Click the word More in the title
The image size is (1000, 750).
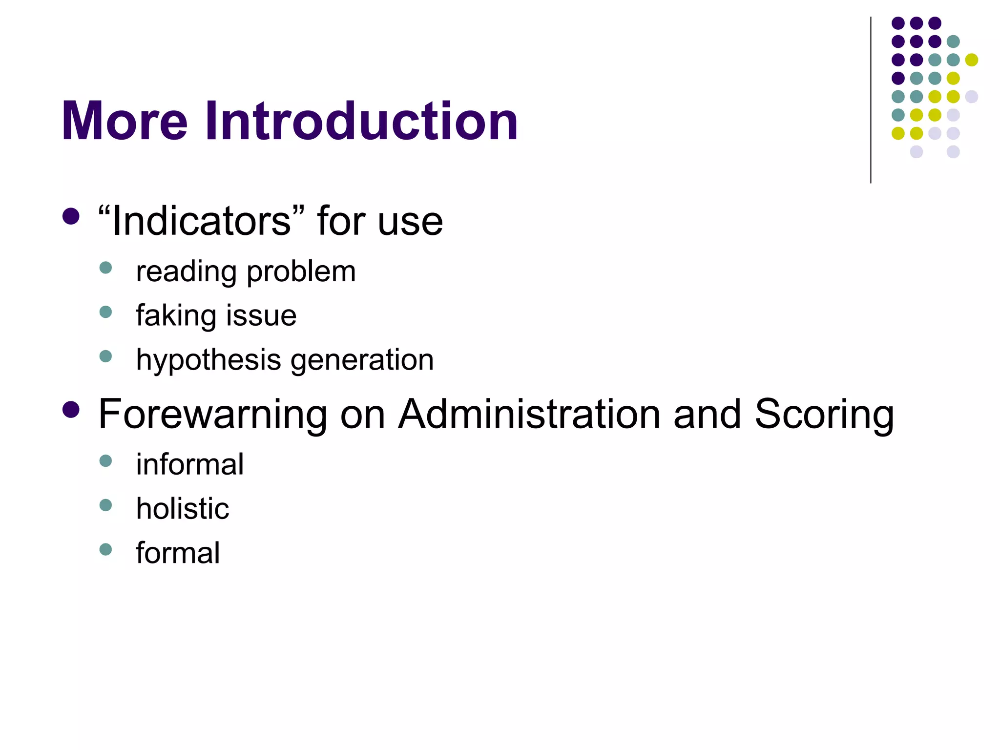125,121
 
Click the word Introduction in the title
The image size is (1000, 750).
361,121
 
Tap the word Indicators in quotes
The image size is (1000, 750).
201,221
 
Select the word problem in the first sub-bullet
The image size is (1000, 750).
301,272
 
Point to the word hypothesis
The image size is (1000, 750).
208,360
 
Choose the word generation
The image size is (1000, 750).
362,360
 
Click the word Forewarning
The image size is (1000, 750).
212,414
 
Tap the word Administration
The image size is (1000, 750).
529,414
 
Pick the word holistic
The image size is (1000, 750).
182,508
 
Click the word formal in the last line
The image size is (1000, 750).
178,553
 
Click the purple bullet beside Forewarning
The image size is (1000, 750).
71,410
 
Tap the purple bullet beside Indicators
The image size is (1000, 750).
71,216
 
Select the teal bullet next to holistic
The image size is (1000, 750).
105,504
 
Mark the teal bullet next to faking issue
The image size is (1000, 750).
105,312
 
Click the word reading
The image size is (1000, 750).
186,272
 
